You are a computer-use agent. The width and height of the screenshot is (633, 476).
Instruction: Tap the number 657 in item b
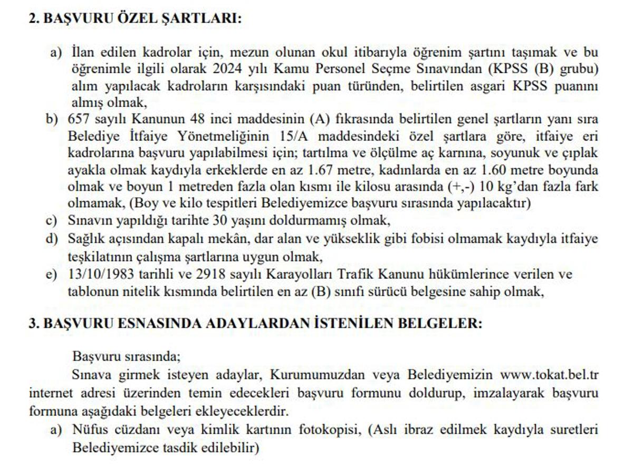coord(79,119)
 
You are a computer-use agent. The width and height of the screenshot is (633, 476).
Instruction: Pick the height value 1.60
coord(495,170)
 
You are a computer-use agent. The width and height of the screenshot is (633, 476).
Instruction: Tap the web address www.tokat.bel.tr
coord(549,375)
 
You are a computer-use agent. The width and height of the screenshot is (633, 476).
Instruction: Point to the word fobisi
coord(426,239)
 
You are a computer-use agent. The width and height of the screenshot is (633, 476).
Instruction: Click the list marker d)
coord(51,239)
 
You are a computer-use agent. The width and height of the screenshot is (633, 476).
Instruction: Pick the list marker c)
coord(51,220)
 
